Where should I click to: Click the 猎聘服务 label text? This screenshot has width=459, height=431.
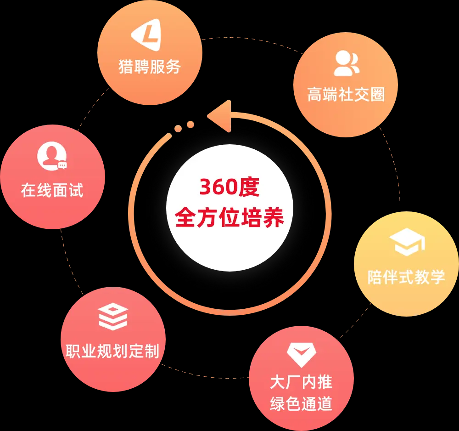point(150,67)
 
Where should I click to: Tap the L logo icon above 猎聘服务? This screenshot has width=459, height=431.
point(147,35)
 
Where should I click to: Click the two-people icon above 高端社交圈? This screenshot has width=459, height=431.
point(347,63)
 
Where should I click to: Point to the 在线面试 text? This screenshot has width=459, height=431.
point(52,190)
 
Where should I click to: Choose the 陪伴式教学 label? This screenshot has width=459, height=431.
point(406,277)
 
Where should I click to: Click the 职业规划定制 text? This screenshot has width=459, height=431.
point(112,352)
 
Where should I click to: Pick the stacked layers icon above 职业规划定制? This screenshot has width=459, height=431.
point(113,317)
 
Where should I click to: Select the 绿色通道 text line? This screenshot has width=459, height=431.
point(301,404)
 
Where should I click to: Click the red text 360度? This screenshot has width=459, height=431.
point(229,187)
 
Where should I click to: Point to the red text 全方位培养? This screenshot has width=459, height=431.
point(229,216)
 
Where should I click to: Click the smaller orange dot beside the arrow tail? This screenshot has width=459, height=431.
point(178,129)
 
